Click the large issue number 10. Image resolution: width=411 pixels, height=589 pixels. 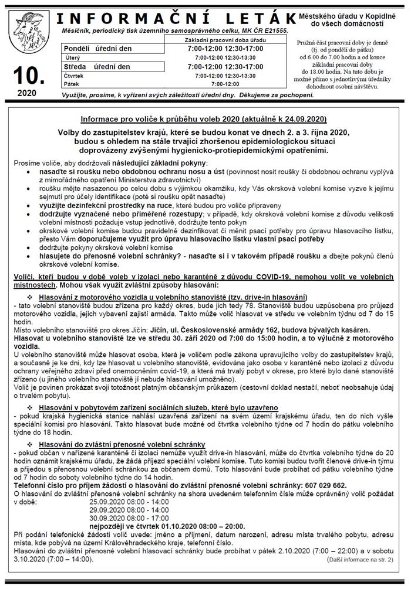(27, 75)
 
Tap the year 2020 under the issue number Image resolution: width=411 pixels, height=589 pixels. (27, 93)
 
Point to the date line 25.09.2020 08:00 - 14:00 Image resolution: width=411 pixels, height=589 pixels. (129, 502)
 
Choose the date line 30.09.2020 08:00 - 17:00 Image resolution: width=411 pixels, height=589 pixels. (129, 518)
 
